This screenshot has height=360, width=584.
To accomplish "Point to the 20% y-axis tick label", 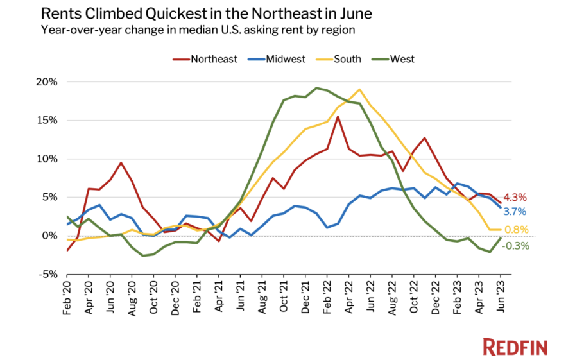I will click(46, 82).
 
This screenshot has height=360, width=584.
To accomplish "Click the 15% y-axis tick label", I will click(46, 121).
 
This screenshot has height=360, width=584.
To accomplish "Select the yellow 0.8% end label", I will click(516, 230).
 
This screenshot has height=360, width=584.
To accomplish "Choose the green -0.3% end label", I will click(515, 245).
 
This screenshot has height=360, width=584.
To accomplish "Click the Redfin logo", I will click(515, 347).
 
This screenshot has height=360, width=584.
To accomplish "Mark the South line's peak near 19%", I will click(359, 89).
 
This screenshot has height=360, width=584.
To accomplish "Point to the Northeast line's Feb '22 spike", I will click(338, 116).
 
